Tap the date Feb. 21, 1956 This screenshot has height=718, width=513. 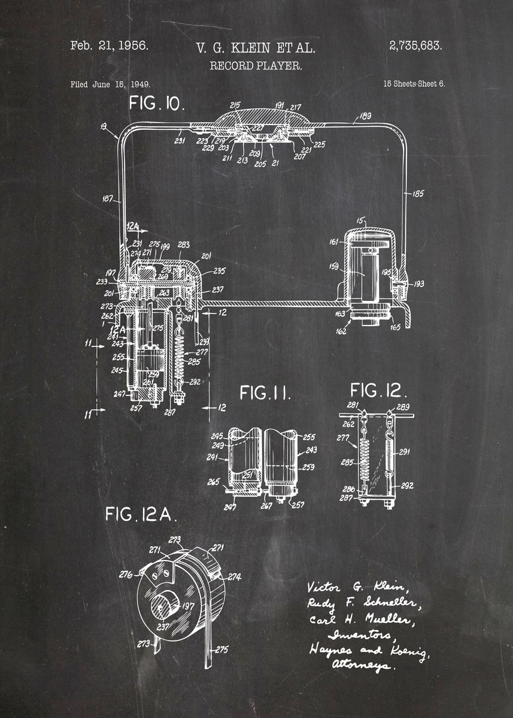click(x=109, y=46)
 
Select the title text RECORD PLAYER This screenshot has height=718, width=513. click(x=256, y=65)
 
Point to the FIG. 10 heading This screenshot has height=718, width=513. click(x=157, y=103)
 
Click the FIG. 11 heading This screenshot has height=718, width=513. click(x=265, y=393)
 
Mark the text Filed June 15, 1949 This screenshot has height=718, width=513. click(x=110, y=84)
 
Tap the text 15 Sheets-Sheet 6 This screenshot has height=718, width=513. click(x=414, y=84)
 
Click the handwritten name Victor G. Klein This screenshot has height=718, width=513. click(x=356, y=586)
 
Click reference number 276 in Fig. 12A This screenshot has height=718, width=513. click(x=125, y=574)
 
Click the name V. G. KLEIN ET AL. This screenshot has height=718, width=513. click(x=256, y=48)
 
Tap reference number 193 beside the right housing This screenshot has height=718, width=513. click(x=418, y=284)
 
